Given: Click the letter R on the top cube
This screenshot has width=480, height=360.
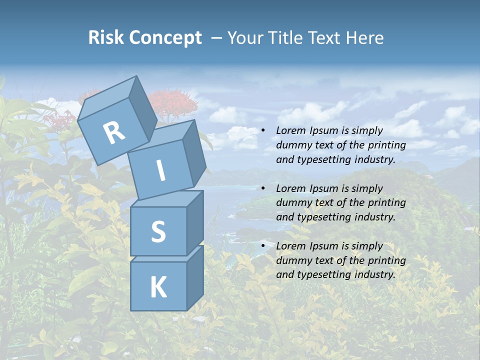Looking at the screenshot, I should click(x=114, y=133).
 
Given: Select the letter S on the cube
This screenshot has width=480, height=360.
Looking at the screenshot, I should click(x=158, y=232).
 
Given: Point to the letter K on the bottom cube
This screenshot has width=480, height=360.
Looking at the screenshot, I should click(x=158, y=287).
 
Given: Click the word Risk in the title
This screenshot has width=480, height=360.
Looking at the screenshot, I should click(x=105, y=38).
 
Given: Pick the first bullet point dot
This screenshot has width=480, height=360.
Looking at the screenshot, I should click(x=263, y=131).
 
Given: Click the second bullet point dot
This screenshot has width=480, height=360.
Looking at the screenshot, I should click(x=263, y=188).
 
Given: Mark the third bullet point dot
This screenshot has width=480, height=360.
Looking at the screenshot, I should click(x=263, y=246).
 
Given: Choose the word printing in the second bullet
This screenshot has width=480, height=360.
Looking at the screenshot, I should click(x=385, y=203).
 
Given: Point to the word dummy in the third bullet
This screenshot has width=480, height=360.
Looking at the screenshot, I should click(x=292, y=260).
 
